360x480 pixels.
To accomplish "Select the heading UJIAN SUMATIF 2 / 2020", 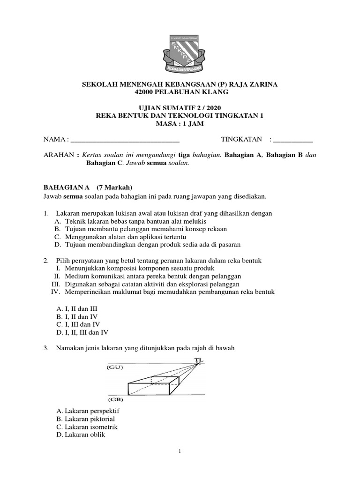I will [180, 108].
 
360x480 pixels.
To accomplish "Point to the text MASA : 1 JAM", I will [180, 124].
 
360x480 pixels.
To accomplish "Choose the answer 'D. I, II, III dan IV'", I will [82, 332].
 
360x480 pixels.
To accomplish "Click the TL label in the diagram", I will [199, 360].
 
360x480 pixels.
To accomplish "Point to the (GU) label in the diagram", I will [114, 367].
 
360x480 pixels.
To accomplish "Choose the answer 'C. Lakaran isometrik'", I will [87, 427].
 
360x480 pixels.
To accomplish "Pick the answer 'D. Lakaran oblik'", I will [81, 435].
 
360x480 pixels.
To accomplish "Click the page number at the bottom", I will [180, 451].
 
